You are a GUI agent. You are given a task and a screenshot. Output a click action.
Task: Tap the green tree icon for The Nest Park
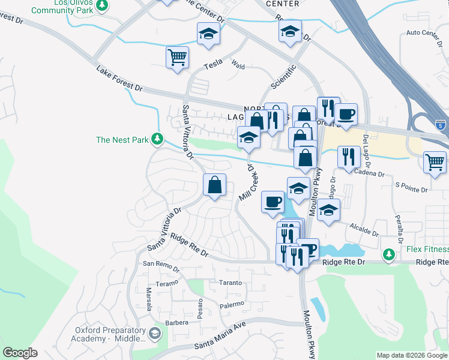coord(157,139)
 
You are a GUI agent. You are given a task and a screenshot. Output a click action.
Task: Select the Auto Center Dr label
coord(427,32)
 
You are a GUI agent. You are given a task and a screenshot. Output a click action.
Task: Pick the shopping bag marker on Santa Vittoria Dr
coord(215,185)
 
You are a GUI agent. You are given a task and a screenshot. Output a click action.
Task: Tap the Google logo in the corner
coord(20,353)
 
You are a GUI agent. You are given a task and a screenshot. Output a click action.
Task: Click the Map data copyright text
coord(412,355)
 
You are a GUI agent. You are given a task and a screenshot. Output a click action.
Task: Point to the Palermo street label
coord(232,304)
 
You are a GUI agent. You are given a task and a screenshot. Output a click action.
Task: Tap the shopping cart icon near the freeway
coord(435,161)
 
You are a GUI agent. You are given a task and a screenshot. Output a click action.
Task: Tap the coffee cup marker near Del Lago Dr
coord(346,113)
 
